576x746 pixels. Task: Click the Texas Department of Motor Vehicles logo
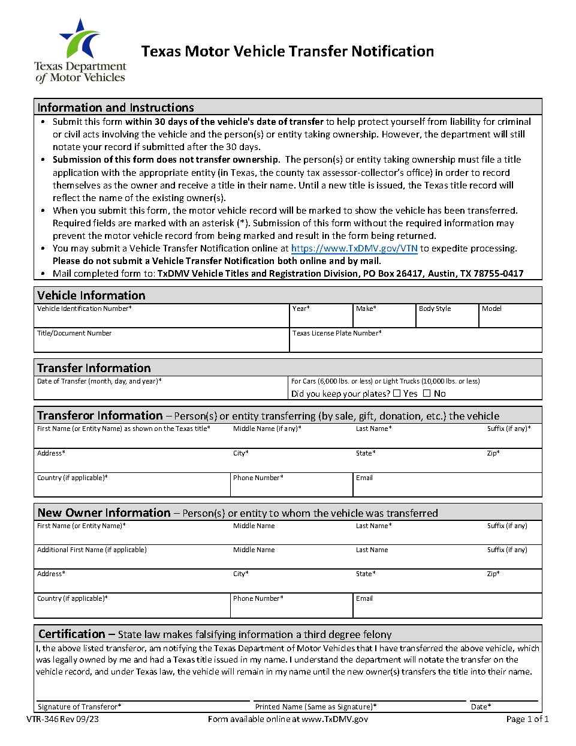pos(80,50)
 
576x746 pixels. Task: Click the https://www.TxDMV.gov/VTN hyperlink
pos(354,248)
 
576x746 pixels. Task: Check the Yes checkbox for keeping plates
pos(397,394)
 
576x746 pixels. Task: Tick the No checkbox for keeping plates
pos(427,394)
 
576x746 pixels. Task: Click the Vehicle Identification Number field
pos(161,319)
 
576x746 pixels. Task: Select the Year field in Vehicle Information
pos(321,319)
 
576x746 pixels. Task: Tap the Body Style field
pos(447,319)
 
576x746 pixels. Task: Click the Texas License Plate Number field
pos(415,343)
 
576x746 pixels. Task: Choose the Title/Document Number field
pos(161,343)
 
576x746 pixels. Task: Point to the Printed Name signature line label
pos(316,707)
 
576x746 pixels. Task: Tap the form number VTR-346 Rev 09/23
pos(62,719)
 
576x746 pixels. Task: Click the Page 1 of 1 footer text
pos(527,719)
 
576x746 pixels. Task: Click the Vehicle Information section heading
pos(91,295)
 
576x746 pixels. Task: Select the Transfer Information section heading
pos(94,368)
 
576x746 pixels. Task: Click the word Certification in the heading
pos(71,634)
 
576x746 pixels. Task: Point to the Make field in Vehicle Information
pos(384,319)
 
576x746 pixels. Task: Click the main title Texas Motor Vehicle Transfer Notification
pos(288,52)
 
